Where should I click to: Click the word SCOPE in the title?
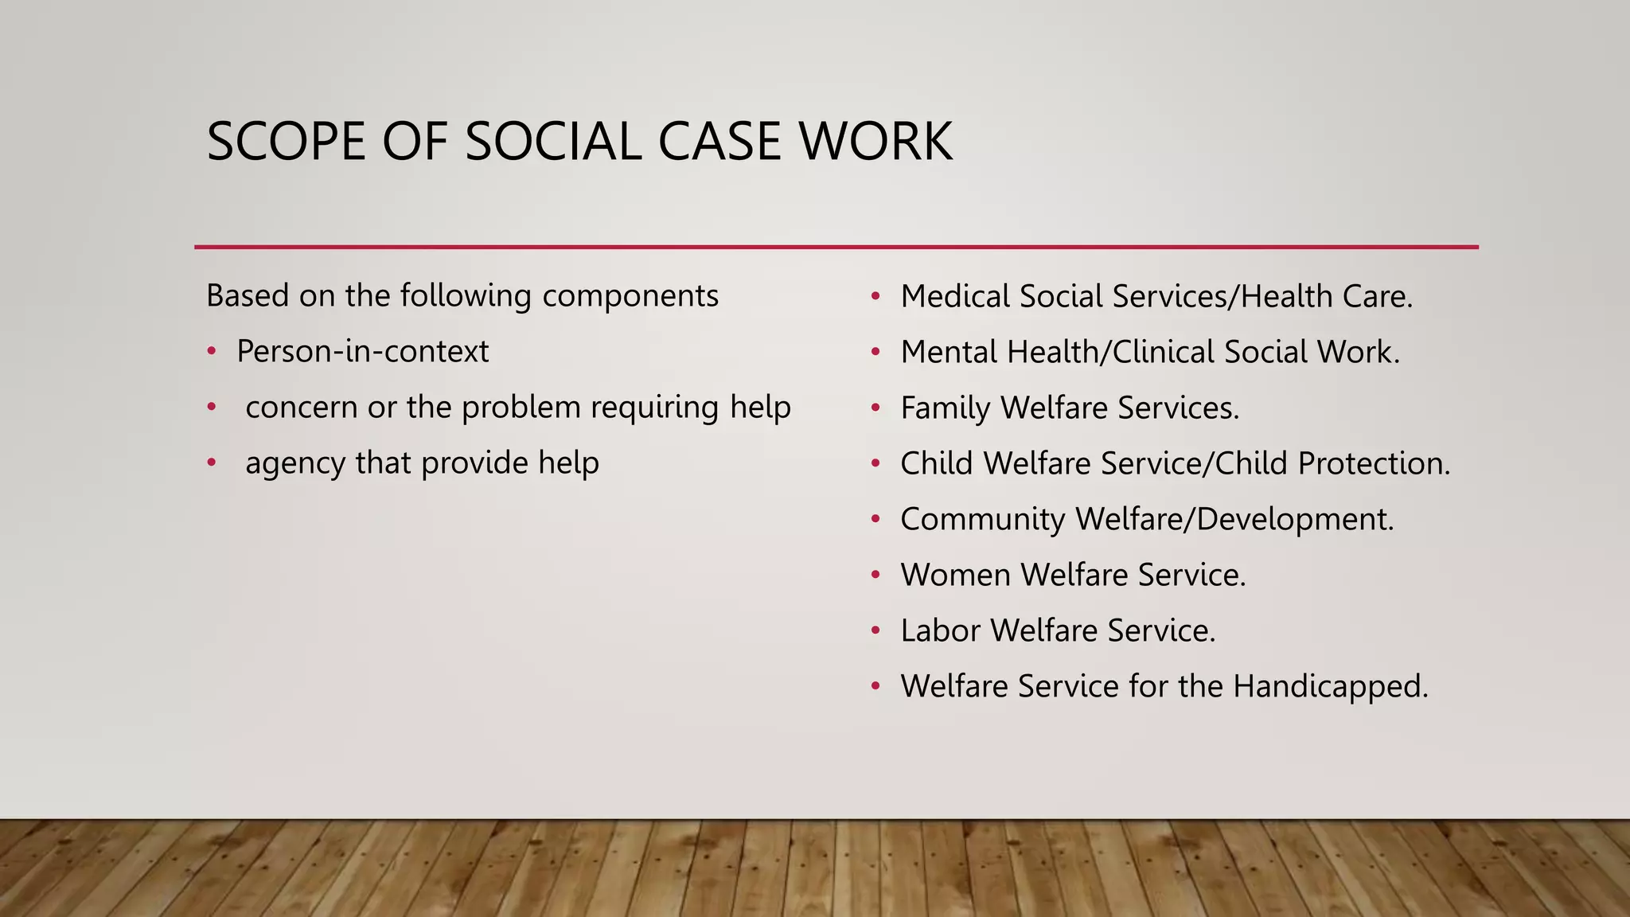pos(286,142)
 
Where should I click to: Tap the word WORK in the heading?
pos(875,142)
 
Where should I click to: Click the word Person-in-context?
pos(362,351)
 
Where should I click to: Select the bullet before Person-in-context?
pos(212,351)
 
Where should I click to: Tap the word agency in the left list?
pos(295,463)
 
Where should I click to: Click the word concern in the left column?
pos(302,408)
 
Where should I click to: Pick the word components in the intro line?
pos(630,296)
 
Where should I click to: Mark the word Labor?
pos(941,630)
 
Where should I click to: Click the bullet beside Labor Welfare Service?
pos(875,630)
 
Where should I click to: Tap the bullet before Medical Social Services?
pos(875,296)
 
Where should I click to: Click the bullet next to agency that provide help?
pos(212,462)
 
